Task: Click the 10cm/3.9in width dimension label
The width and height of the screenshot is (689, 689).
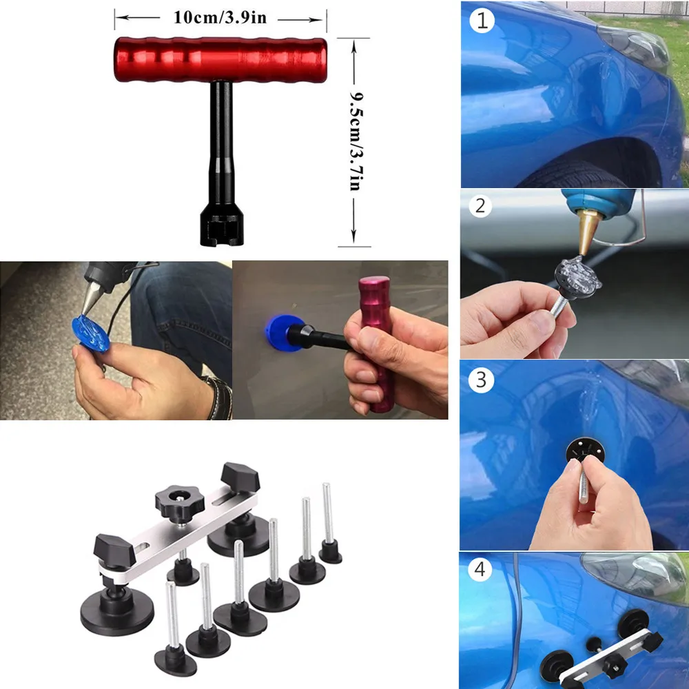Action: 219,17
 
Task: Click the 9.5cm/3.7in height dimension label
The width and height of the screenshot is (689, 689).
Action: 356,141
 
